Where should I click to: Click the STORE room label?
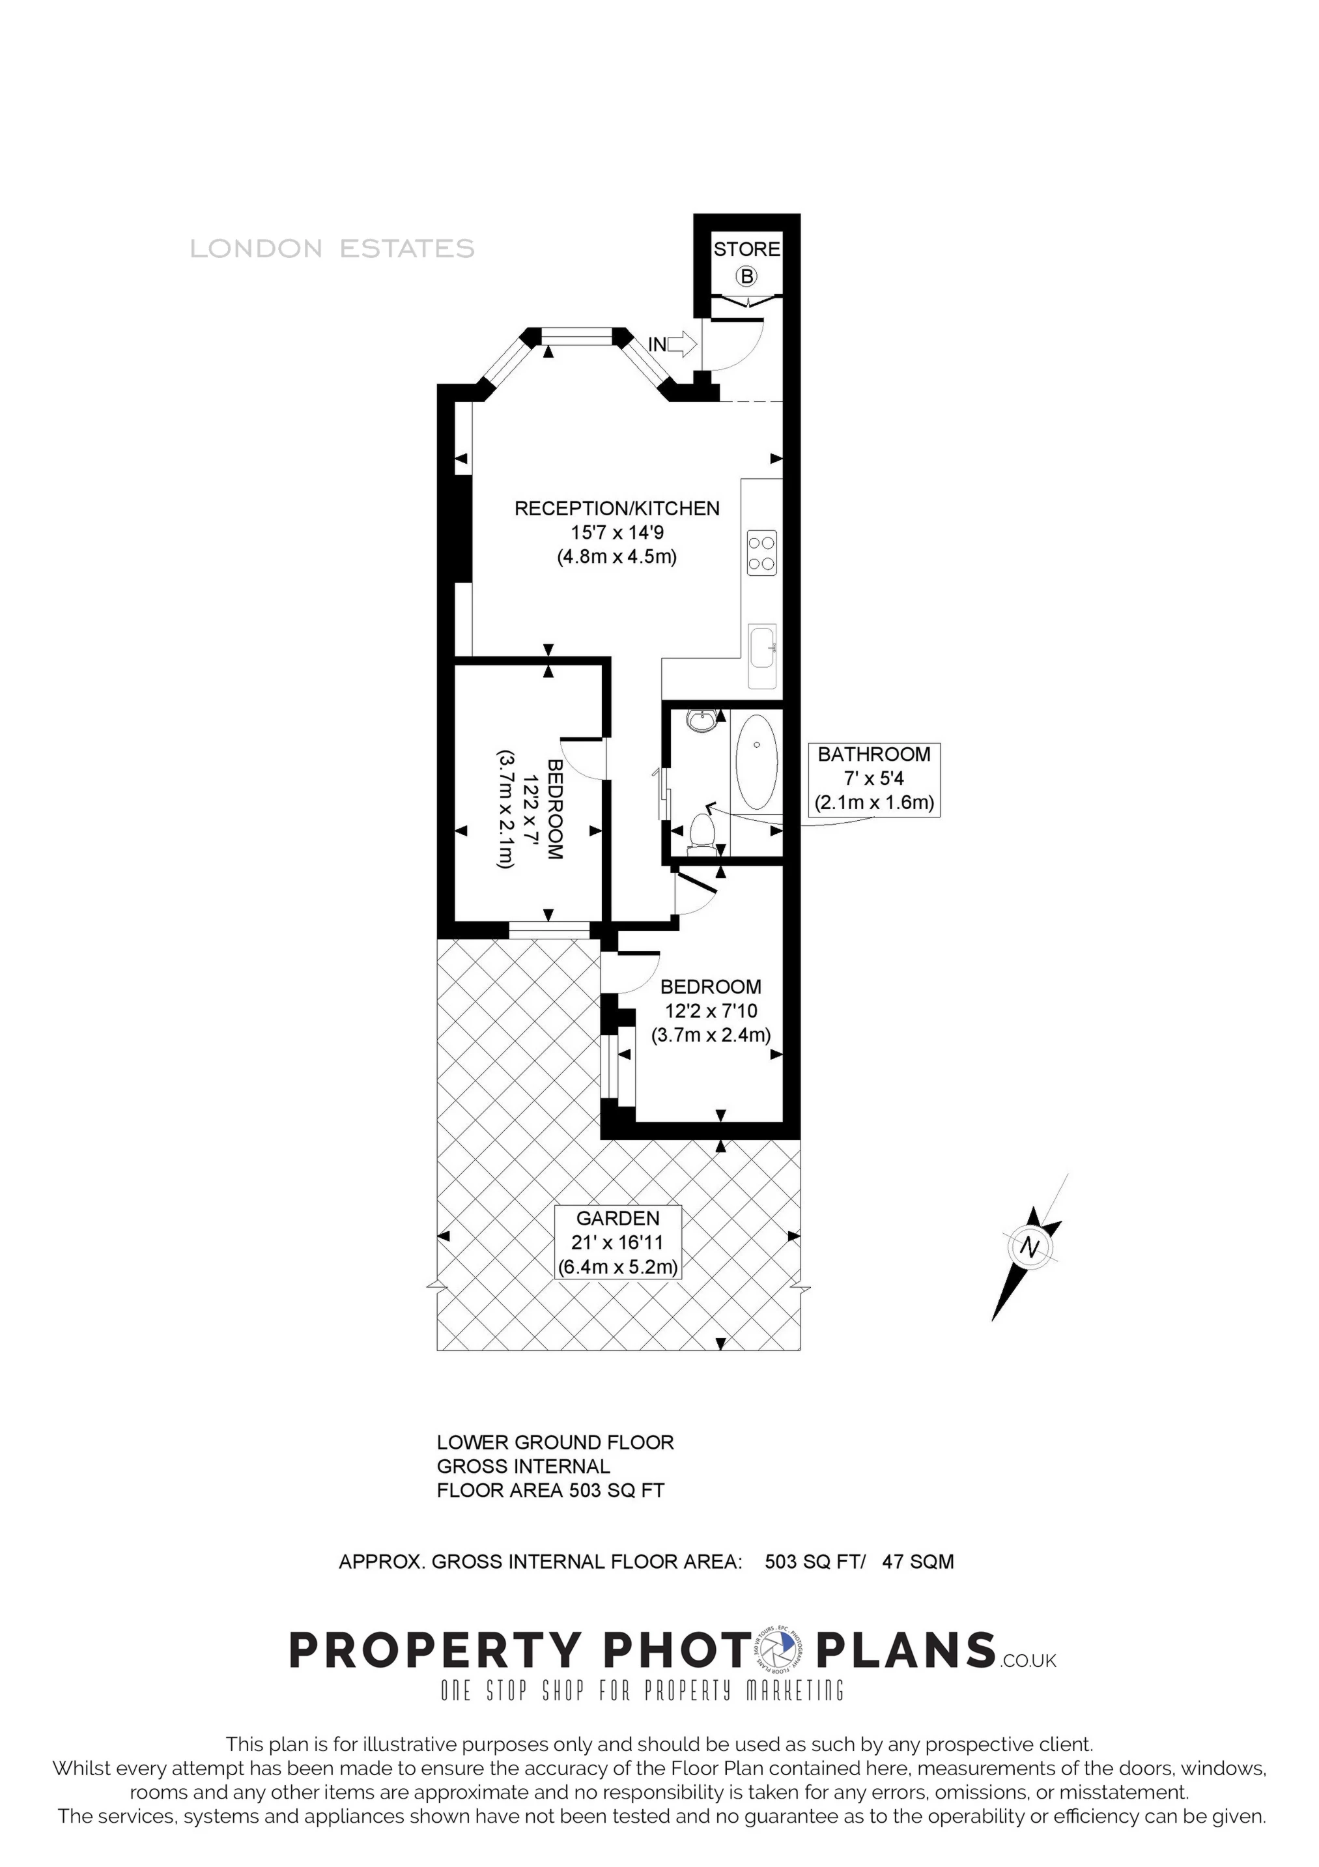[x=746, y=249]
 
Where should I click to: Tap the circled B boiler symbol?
[x=746, y=276]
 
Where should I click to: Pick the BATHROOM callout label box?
[x=874, y=779]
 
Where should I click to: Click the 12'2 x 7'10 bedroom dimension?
[x=711, y=1012]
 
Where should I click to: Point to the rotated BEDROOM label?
[x=556, y=810]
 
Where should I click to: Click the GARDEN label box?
[x=617, y=1242]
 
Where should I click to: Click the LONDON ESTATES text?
[x=332, y=248]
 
